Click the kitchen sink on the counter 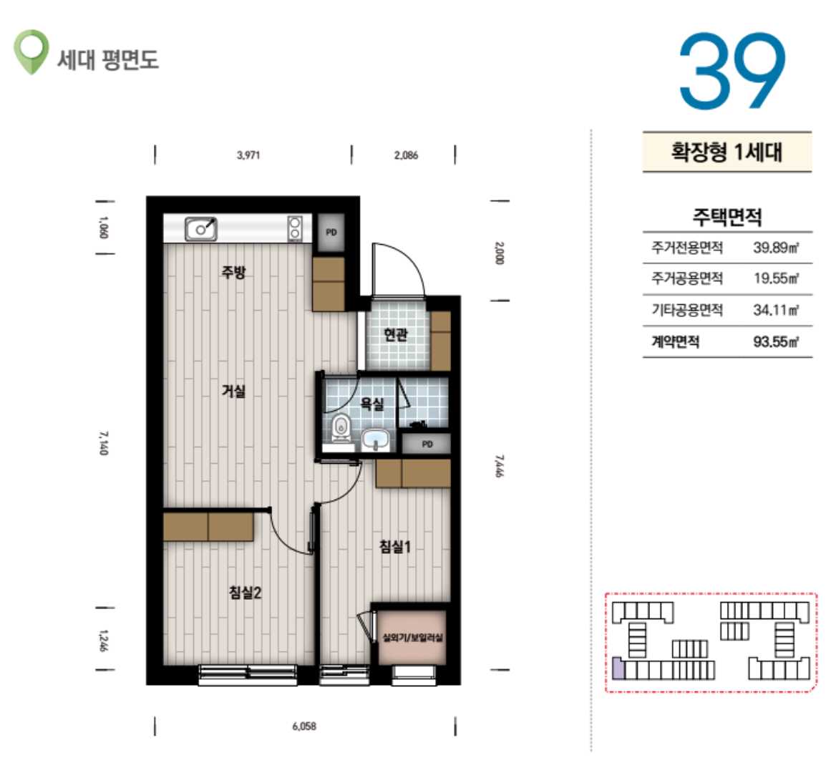[x=200, y=229]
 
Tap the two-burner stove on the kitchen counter [x=295, y=228]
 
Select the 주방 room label [x=233, y=273]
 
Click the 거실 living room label [x=233, y=391]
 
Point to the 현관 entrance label [x=396, y=335]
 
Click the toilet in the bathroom [x=341, y=427]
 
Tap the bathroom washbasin [x=376, y=440]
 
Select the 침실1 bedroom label [x=394, y=546]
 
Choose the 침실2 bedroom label [x=245, y=593]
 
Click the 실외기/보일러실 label [x=413, y=637]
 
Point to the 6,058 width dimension [x=304, y=726]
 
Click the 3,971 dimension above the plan [x=248, y=155]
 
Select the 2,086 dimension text [x=406, y=155]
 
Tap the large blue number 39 [x=732, y=71]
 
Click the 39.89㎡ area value [x=776, y=248]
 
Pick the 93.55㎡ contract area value [x=776, y=341]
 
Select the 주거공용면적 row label [x=687, y=278]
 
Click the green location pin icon [x=31, y=52]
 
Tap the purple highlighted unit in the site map [x=618, y=669]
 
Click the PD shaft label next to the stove [x=331, y=233]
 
